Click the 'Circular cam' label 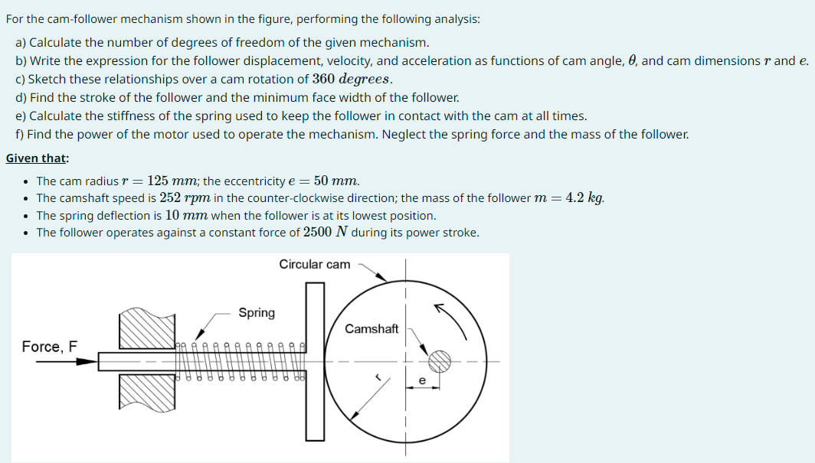314,265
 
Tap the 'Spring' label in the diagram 257,312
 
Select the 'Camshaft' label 371,329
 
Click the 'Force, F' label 50,347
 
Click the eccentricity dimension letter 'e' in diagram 421,380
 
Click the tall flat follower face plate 316,360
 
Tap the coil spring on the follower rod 241,360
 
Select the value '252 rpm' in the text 187,198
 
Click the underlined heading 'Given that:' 37,158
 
